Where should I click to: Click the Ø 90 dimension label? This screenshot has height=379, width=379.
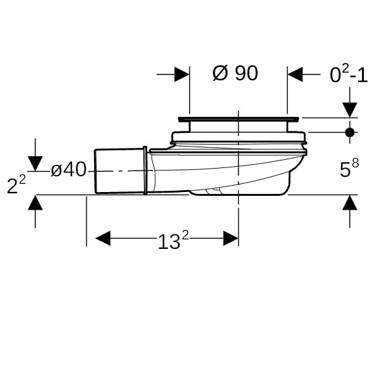point(235,73)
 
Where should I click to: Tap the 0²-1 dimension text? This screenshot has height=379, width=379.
point(349,74)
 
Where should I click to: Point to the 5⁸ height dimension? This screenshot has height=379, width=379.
point(349,168)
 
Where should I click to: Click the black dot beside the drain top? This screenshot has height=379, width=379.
point(350,133)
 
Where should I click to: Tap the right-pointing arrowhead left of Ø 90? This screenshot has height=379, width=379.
point(182,74)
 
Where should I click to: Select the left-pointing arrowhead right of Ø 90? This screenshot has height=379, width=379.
point(295,74)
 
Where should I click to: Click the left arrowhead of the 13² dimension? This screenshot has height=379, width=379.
point(103,238)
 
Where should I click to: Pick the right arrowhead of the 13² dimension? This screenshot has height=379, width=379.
point(231,238)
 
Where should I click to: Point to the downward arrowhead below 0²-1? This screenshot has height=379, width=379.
point(350,110)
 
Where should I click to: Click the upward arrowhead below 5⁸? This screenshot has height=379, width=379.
point(350,203)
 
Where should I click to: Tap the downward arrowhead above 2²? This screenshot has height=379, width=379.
point(35,164)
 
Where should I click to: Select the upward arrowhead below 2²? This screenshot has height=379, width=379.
point(35,203)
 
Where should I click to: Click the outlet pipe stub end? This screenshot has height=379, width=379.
point(119,171)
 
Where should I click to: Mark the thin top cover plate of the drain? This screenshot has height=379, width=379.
point(239,119)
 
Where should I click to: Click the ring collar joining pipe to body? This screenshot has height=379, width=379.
point(145,171)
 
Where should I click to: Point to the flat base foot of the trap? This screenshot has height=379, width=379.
point(238,193)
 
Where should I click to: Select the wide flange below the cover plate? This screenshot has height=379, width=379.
point(239,137)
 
